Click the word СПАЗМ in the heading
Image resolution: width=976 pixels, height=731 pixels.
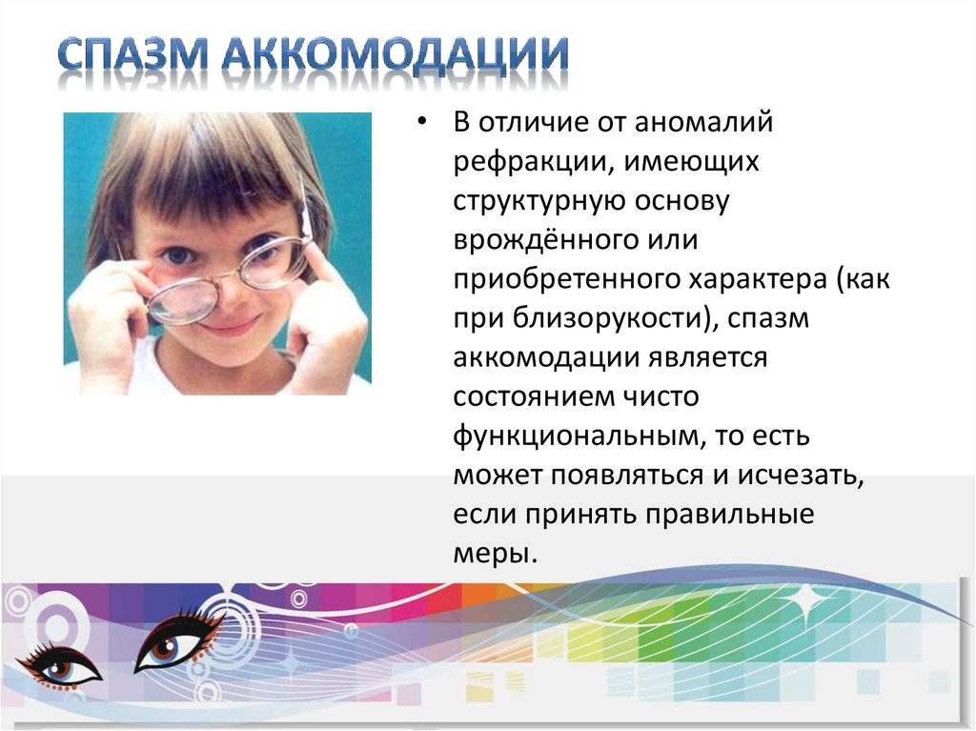[x=133, y=53]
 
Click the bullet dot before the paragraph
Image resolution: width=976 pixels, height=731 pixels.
[x=422, y=121]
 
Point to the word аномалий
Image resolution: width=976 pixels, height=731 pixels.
[x=703, y=121]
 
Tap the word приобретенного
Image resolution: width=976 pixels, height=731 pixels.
[x=564, y=279]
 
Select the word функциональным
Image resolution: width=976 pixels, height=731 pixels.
[x=577, y=437]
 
